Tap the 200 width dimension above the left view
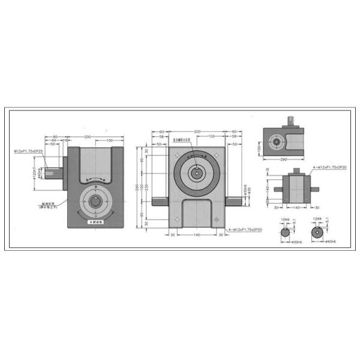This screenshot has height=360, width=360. tap(88, 137)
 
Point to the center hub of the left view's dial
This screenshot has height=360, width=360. tap(95, 203)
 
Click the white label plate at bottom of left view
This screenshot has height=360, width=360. tap(96, 223)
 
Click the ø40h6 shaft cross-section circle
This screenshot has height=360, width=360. tap(315, 233)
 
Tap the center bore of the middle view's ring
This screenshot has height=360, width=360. tap(196, 172)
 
